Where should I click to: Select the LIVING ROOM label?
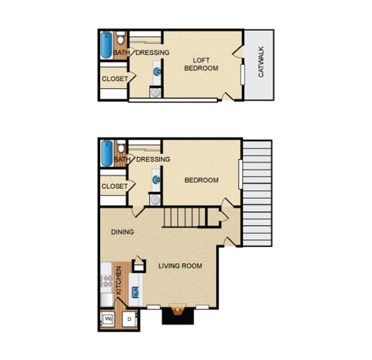click(180, 266)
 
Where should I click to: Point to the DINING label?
click(122, 232)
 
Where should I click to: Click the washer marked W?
click(107, 318)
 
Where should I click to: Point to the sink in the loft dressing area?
click(156, 72)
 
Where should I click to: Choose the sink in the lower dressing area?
click(156, 179)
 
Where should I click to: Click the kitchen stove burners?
click(106, 281)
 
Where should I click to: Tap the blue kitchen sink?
click(136, 291)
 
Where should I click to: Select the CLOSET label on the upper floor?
click(114, 79)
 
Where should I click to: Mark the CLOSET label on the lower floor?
click(114, 186)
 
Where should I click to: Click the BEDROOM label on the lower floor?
click(201, 180)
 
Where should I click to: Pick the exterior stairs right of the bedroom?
click(257, 193)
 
